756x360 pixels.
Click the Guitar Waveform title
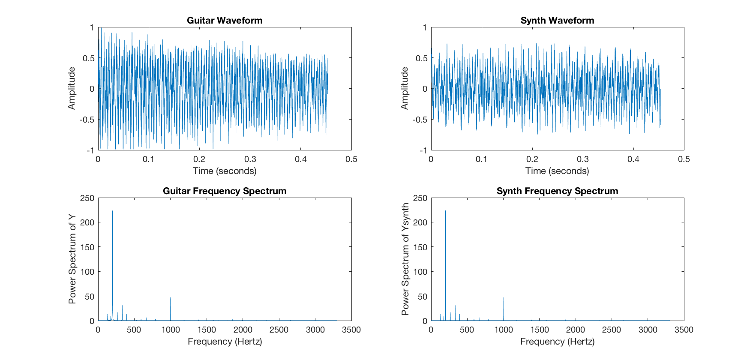pos(225,20)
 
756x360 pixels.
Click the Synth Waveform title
pos(557,20)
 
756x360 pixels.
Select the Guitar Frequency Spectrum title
pos(225,191)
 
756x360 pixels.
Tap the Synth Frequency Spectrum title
pos(557,191)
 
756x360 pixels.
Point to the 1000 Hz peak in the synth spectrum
pos(503,298)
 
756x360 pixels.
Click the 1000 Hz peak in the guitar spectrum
pos(170,298)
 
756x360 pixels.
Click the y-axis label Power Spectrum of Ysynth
pos(405,259)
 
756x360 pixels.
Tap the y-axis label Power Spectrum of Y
pos(72,259)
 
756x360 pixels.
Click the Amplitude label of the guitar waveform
pos(72,88)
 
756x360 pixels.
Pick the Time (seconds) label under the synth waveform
pos(557,171)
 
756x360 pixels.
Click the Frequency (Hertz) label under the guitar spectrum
pos(225,341)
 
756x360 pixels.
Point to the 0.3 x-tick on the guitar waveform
pos(250,159)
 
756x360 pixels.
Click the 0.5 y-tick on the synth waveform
pos(422,58)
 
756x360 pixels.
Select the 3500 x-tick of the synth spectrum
pos(684,330)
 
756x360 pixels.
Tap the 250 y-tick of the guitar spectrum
pos(87,198)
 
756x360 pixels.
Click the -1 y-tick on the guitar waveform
pos(90,150)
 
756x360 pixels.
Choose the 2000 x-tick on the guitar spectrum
pos(243,330)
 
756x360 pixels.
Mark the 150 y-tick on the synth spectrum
pos(420,247)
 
